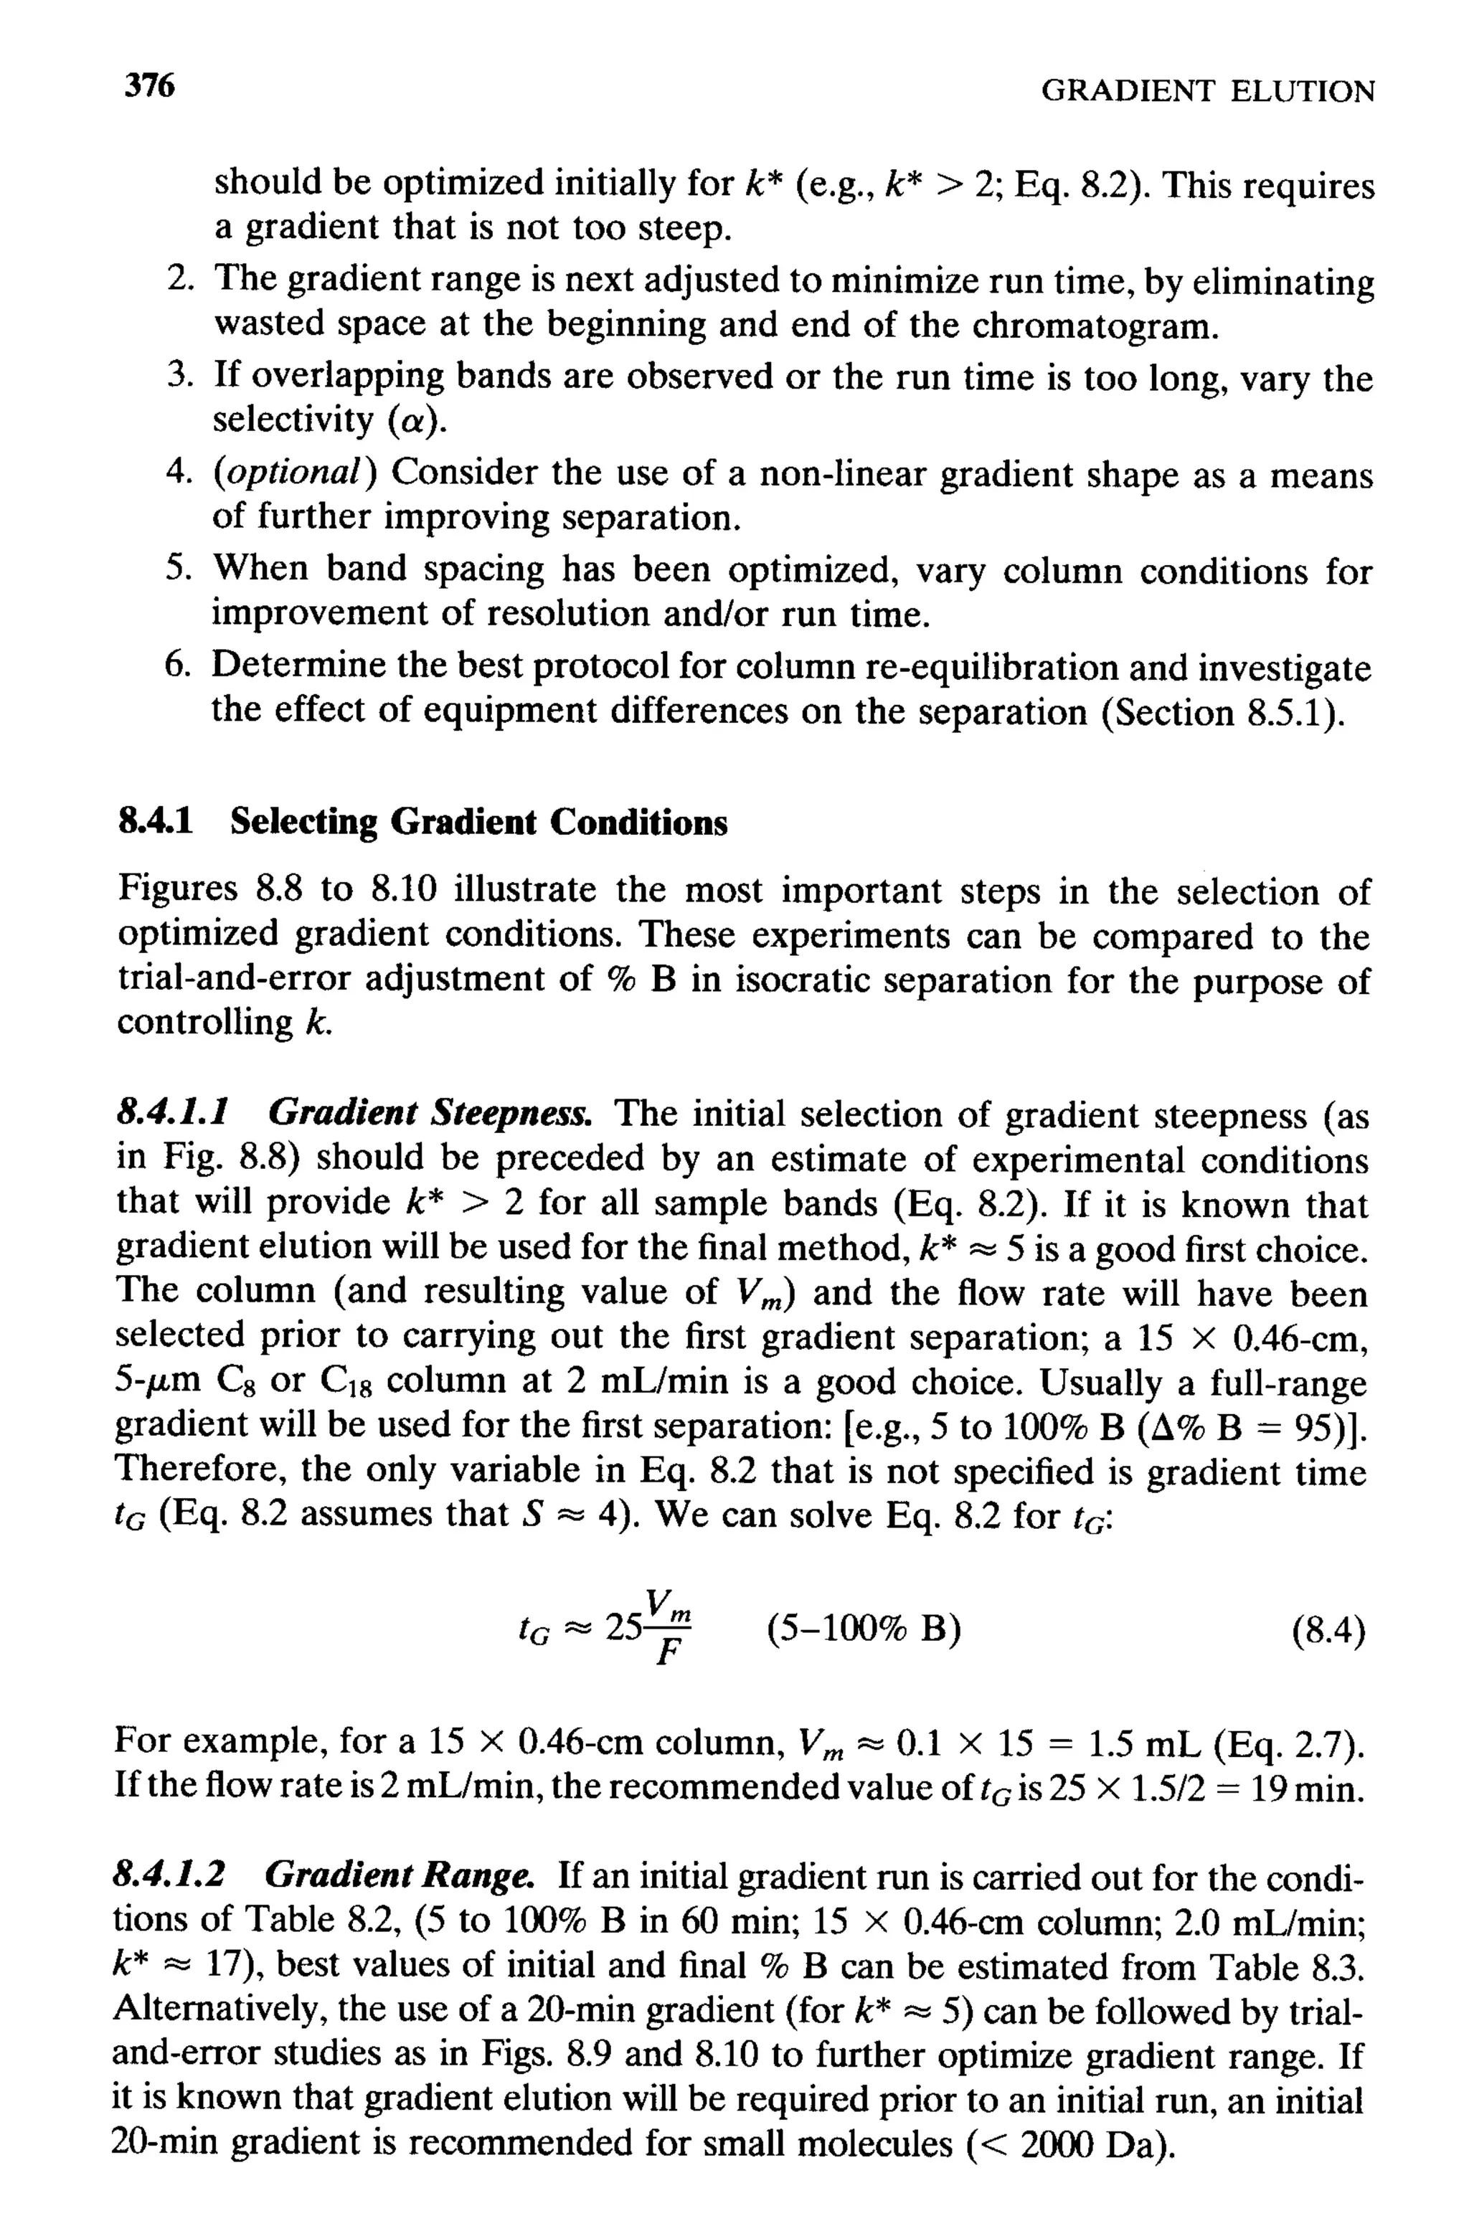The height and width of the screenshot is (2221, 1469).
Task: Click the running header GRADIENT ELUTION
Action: pos(1208,92)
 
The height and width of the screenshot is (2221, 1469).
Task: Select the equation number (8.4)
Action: pos(1328,1632)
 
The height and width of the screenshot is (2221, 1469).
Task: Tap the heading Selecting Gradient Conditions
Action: pos(478,823)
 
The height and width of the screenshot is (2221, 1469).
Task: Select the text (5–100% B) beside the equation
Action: pos(863,1631)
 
